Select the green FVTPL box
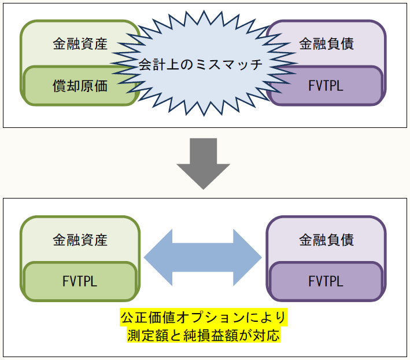point(80,281)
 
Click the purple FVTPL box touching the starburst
point(326,86)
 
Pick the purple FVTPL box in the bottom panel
point(326,281)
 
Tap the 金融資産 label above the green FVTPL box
point(80,239)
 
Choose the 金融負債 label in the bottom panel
point(326,239)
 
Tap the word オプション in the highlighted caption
point(208,318)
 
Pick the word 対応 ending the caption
point(267,335)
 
